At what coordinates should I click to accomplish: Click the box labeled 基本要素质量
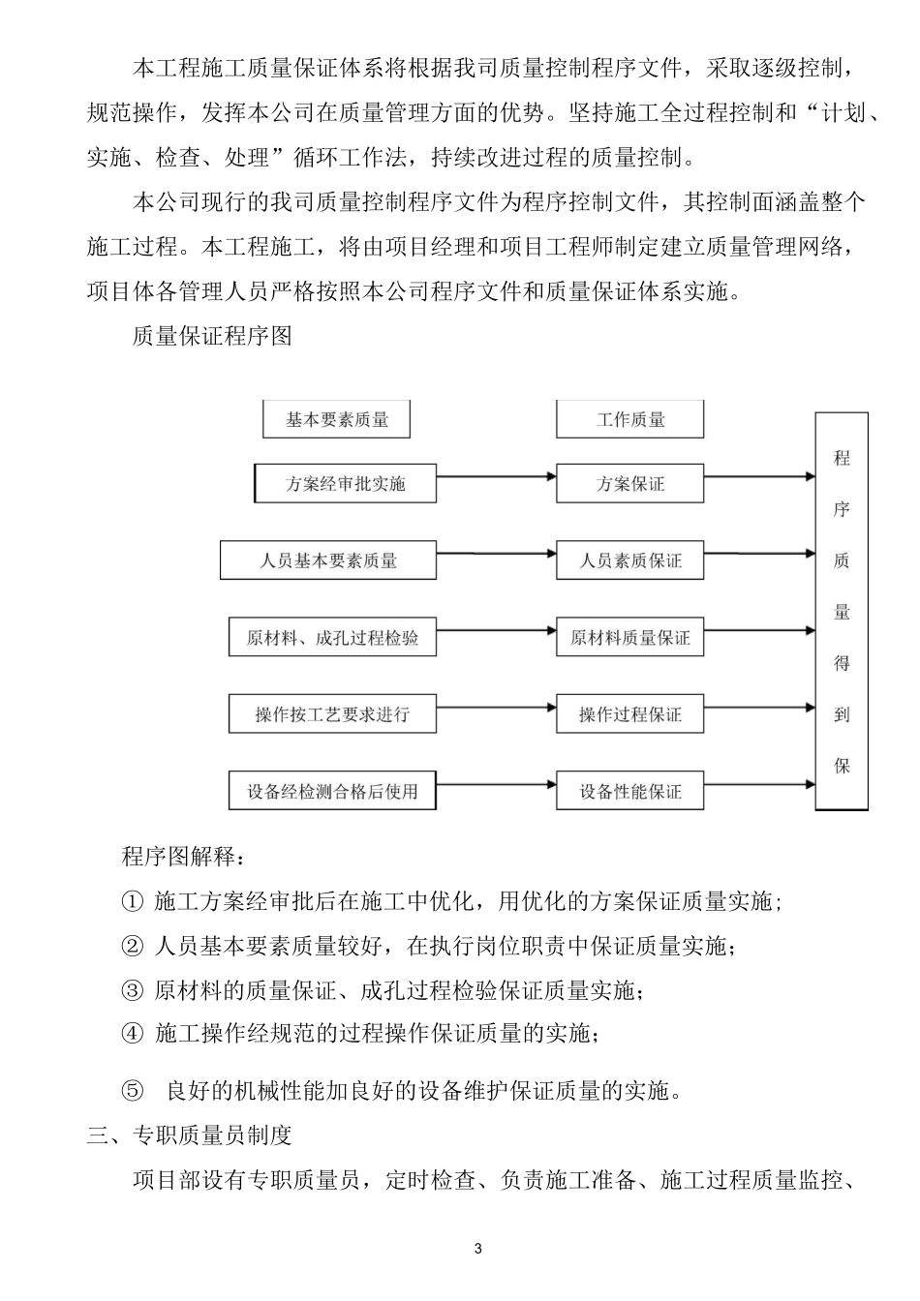pyautogui.click(x=337, y=420)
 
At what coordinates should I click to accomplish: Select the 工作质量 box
pyautogui.click(x=630, y=420)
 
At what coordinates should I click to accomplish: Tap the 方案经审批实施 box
pyautogui.click(x=345, y=483)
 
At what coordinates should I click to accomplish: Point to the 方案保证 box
pyautogui.click(x=630, y=483)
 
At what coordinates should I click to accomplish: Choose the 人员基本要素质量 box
pyautogui.click(x=328, y=560)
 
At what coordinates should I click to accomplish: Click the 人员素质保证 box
pyautogui.click(x=630, y=560)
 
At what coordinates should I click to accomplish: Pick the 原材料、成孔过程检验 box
pyautogui.click(x=332, y=638)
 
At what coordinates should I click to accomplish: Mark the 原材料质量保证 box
pyautogui.click(x=630, y=638)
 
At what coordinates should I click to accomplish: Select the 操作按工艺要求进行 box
pyautogui.click(x=332, y=714)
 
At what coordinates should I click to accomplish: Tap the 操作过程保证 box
pyautogui.click(x=630, y=714)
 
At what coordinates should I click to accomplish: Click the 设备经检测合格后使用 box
pyautogui.click(x=332, y=791)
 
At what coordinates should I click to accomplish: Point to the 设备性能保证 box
pyautogui.click(x=630, y=791)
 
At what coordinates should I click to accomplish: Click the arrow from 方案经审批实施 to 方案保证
pyautogui.click(x=496, y=476)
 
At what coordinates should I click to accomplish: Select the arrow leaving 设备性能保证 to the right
pyautogui.click(x=759, y=784)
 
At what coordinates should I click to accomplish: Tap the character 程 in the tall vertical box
pyautogui.click(x=842, y=458)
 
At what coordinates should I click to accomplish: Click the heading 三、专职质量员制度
pyautogui.click(x=189, y=1135)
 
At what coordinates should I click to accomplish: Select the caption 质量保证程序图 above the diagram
pyautogui.click(x=211, y=337)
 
